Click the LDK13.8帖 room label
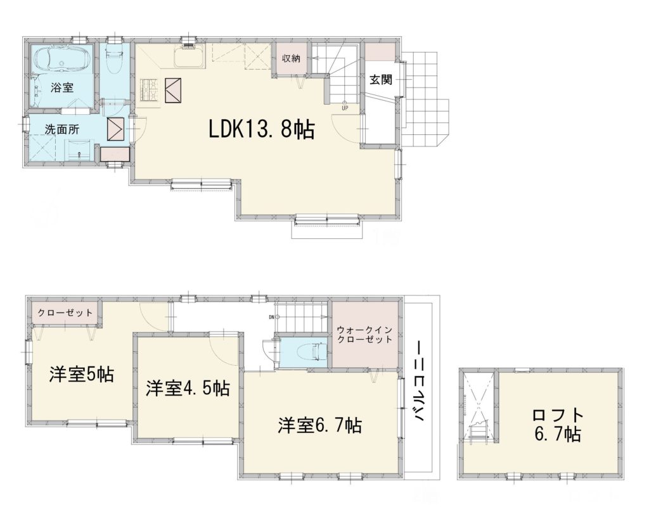(x=262, y=129)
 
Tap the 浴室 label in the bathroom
(x=62, y=87)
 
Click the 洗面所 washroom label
(x=62, y=129)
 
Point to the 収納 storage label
(x=291, y=58)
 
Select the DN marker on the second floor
(x=272, y=318)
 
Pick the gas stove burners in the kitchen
(x=150, y=90)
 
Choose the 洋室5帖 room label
(x=81, y=374)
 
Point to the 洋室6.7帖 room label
(x=320, y=425)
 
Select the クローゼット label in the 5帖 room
(x=65, y=312)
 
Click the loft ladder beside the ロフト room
(x=479, y=431)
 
